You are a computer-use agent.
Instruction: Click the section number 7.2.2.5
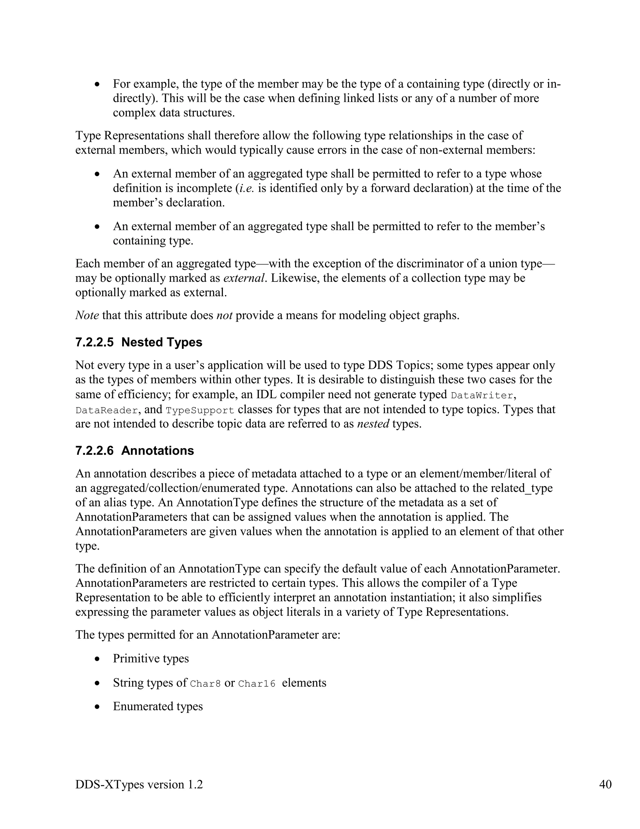(94, 342)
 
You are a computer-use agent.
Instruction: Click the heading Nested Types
(162, 342)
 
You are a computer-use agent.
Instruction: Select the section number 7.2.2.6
(94, 450)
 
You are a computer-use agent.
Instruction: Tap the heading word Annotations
(157, 450)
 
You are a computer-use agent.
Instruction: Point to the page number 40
(605, 784)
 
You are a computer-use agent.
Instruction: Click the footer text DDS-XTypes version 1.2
(139, 784)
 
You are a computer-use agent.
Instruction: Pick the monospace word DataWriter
(482, 395)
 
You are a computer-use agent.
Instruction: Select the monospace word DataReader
(106, 411)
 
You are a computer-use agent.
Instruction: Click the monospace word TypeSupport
(200, 411)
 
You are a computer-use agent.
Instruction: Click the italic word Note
(87, 315)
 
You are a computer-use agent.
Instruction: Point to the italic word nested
(373, 424)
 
